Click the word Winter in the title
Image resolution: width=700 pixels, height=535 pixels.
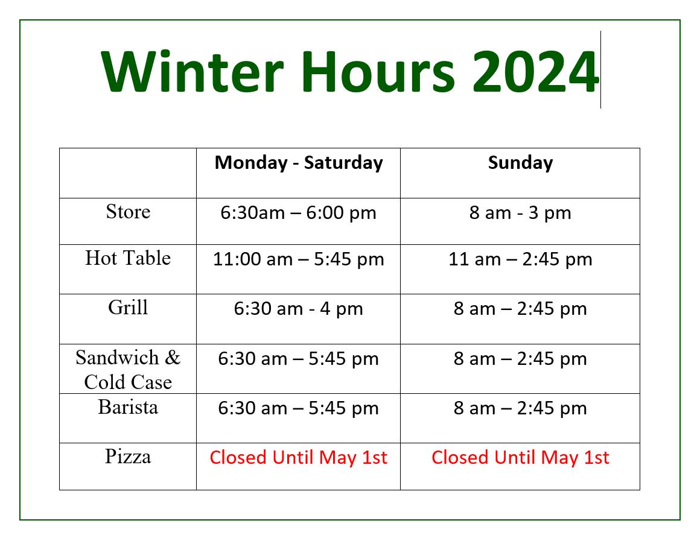[x=192, y=71]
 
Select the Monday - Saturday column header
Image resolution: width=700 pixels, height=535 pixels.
[x=299, y=162]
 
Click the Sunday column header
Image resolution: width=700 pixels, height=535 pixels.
[x=520, y=162]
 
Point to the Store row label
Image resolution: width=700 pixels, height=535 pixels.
[x=128, y=212]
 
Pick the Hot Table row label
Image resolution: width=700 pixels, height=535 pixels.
[x=128, y=258]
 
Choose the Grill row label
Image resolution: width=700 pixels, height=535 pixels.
[x=128, y=308]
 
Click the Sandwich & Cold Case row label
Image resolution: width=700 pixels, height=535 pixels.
[x=128, y=370]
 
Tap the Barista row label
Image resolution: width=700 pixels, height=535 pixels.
[x=128, y=407]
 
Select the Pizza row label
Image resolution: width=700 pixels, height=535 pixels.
[x=128, y=457]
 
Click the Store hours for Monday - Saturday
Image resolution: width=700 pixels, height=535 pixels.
[x=298, y=213]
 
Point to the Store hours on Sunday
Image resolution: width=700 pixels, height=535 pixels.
[x=520, y=213]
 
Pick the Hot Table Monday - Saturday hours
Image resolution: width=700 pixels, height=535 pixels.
[x=298, y=259]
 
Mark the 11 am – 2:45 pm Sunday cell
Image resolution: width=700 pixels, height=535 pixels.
[x=520, y=259]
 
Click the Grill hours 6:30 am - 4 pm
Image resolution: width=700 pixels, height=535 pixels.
[x=298, y=309]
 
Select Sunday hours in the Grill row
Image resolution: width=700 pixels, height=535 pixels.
[x=520, y=309]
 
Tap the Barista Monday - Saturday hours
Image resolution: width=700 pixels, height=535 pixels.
[x=298, y=408]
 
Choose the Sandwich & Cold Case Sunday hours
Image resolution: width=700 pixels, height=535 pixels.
[x=520, y=359]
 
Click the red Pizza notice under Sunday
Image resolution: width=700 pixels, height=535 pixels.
[x=520, y=458]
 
